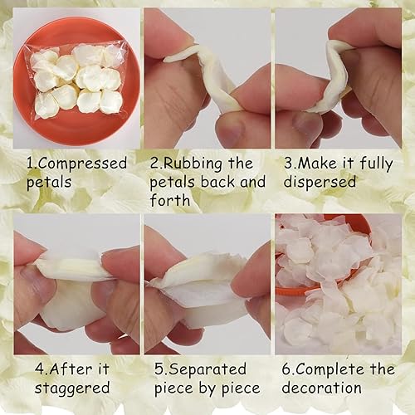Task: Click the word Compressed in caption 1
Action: pyautogui.click(x=83, y=164)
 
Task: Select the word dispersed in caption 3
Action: pyautogui.click(x=320, y=183)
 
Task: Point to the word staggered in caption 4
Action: pyautogui.click(x=72, y=388)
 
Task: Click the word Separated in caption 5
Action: pyautogui.click(x=207, y=369)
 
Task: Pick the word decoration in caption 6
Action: pyautogui.click(x=322, y=388)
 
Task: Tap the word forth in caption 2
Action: pyautogui.click(x=170, y=200)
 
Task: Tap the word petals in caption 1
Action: pyautogui.click(x=49, y=183)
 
